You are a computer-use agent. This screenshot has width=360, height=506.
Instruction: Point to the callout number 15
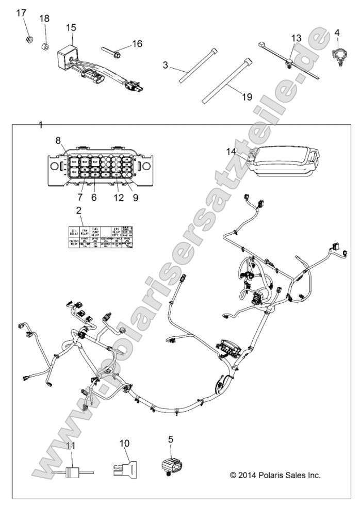[x=71, y=27]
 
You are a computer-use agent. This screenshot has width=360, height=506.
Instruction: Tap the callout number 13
[x=296, y=38]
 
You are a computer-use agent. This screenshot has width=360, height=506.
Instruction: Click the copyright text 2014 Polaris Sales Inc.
[x=275, y=475]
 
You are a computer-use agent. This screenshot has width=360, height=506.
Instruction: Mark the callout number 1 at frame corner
[x=41, y=125]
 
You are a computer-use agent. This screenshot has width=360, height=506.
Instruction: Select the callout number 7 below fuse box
[x=80, y=197]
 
